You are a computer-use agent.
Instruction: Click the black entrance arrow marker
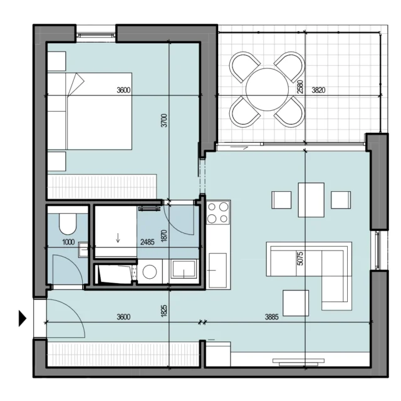[x=23, y=318]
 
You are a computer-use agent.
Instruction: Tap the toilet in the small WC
[x=68, y=223]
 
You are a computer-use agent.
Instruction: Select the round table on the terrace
[x=268, y=89]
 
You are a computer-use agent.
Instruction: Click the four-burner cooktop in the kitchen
[x=218, y=212]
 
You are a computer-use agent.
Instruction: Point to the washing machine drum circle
[x=150, y=271]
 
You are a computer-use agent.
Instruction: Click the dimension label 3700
[x=164, y=120]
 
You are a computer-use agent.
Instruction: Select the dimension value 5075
[x=300, y=259]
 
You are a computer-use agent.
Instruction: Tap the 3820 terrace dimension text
[x=318, y=90]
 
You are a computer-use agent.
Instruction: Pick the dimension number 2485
[x=147, y=242]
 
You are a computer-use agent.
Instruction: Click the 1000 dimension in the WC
[x=68, y=242]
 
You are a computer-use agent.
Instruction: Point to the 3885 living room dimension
[x=271, y=317]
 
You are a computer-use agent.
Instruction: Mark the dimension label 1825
[x=164, y=311]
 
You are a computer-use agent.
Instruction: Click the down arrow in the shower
[x=118, y=237]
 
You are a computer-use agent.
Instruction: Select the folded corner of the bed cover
[x=76, y=85]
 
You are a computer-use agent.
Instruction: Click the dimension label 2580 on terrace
[x=300, y=86]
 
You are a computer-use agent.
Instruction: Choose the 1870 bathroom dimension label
[x=164, y=236]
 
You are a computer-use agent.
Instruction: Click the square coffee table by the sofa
[x=296, y=303]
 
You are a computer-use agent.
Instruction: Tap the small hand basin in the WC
[x=83, y=249]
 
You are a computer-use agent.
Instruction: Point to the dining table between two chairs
[x=311, y=200]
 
